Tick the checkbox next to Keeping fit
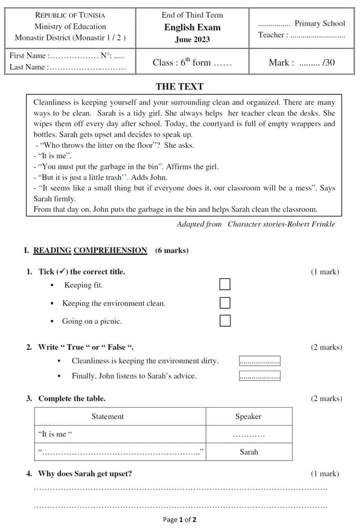click(x=225, y=284)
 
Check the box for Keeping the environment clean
click(x=225, y=303)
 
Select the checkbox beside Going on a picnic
click(x=225, y=321)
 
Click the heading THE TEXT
click(x=179, y=86)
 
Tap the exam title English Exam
click(x=192, y=27)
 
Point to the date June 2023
click(x=192, y=39)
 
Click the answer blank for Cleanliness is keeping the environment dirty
click(x=259, y=361)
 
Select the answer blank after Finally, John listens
click(x=259, y=376)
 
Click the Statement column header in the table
click(x=107, y=416)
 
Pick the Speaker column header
click(x=248, y=416)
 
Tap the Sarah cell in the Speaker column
click(x=248, y=452)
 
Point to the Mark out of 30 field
click(x=301, y=62)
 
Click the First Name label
click(x=27, y=55)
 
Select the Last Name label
click(x=27, y=67)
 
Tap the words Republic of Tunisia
click(x=70, y=15)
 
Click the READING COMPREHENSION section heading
click(x=90, y=250)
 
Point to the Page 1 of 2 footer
click(x=179, y=520)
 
